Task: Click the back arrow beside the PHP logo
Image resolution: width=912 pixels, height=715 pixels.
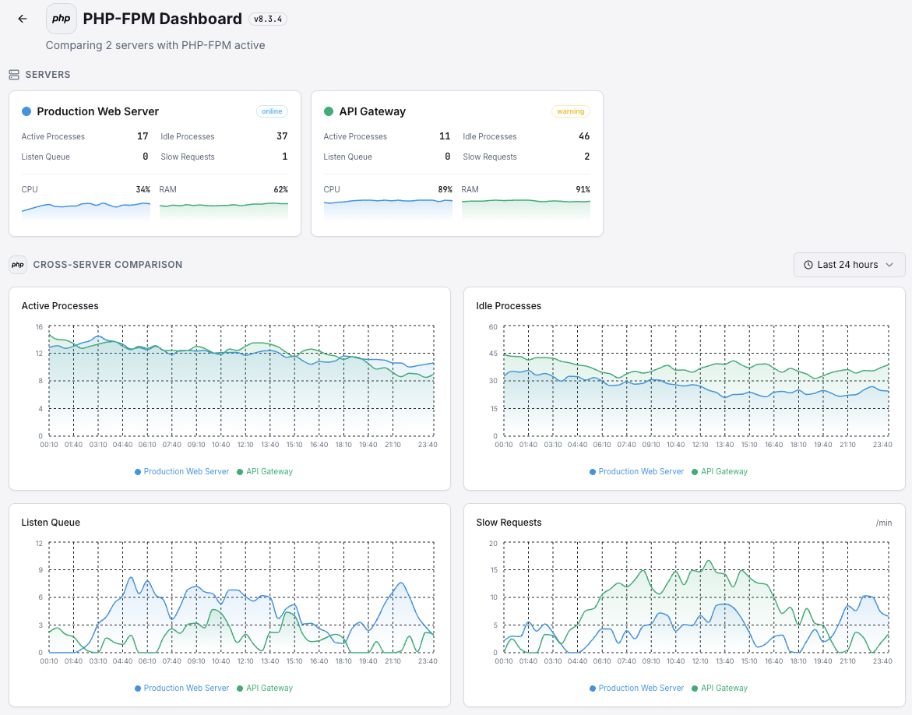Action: pyautogui.click(x=23, y=19)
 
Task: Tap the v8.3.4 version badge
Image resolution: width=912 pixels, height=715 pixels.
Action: pyautogui.click(x=268, y=19)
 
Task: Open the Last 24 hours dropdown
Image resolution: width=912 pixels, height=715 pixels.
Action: pyautogui.click(x=849, y=265)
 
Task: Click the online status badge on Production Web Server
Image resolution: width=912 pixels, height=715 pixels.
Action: pyautogui.click(x=272, y=111)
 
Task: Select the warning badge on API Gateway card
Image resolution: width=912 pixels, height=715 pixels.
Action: pyautogui.click(x=570, y=111)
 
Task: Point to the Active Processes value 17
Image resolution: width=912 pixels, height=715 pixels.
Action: pyautogui.click(x=143, y=136)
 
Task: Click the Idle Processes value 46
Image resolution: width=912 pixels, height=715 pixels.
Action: pyautogui.click(x=584, y=136)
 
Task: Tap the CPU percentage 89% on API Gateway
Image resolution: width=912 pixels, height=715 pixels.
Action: pyautogui.click(x=445, y=189)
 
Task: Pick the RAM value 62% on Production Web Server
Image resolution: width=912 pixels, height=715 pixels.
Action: pyautogui.click(x=280, y=189)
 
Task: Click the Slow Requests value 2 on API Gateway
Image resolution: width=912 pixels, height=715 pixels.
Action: pyautogui.click(x=586, y=157)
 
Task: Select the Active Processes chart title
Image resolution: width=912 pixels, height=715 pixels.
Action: pyautogui.click(x=60, y=306)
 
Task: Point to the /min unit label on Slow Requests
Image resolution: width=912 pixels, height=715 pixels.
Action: pyautogui.click(x=884, y=523)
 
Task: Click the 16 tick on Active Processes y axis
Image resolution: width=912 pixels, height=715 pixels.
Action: pyautogui.click(x=38, y=326)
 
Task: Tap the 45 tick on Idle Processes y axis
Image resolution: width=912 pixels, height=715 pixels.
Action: pyautogui.click(x=493, y=354)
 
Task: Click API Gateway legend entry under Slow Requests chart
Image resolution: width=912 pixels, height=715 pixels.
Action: pyautogui.click(x=724, y=688)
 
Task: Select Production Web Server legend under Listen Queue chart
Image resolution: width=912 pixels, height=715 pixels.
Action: pyautogui.click(x=186, y=688)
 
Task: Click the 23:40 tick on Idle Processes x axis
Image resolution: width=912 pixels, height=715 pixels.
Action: pyautogui.click(x=882, y=445)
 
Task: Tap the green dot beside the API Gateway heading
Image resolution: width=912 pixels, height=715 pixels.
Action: pyautogui.click(x=329, y=111)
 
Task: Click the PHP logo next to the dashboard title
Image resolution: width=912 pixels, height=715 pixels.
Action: pyautogui.click(x=62, y=19)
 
